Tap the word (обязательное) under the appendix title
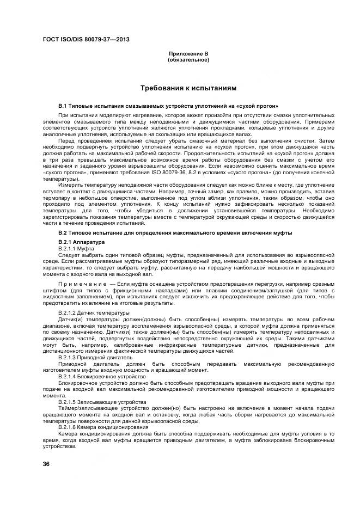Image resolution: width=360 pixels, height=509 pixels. (x=188, y=60)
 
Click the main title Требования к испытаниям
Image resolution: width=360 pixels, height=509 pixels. (x=188, y=87)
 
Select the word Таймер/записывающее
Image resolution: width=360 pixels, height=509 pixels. (x=84, y=407)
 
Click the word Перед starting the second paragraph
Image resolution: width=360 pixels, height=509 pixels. (x=65, y=140)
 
